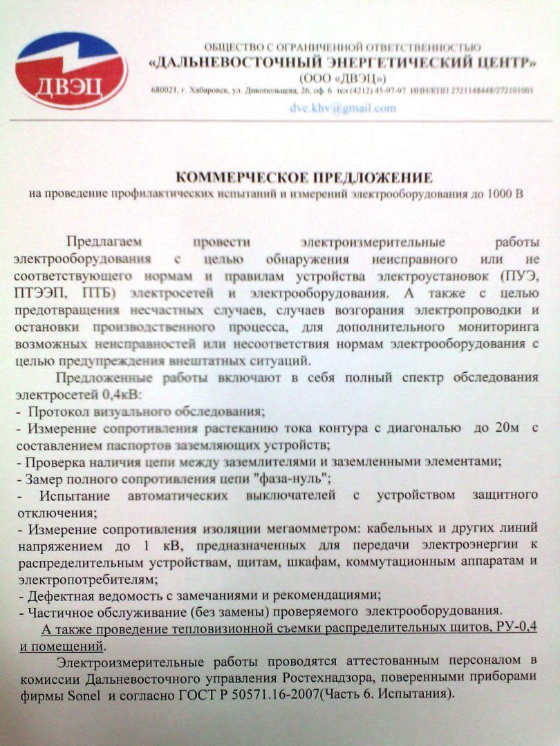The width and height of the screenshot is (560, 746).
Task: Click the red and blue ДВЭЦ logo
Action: coord(71,70)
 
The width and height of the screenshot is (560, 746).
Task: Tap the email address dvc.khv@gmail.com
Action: coord(343,108)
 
